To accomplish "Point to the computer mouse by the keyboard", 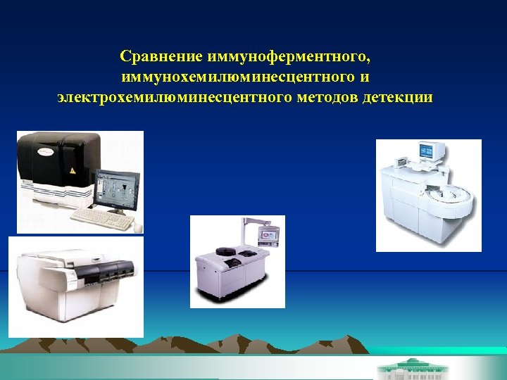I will (137, 227).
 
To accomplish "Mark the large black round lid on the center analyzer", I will (227, 251).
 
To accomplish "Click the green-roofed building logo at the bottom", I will (404, 368).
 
